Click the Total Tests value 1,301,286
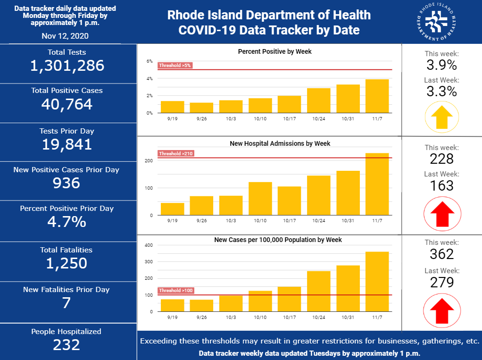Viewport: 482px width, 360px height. tap(67, 66)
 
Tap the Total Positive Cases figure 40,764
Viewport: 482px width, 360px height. tap(67, 104)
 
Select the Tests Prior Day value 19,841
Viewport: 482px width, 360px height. tap(67, 144)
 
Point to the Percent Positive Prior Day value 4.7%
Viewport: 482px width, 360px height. tap(67, 222)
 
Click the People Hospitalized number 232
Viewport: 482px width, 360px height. tap(67, 344)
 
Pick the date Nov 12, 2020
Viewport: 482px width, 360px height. tap(65, 36)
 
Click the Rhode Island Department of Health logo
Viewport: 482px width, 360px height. tap(437, 22)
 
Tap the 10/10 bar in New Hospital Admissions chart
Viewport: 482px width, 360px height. tap(260, 198)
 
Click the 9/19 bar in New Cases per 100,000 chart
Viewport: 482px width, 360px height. tap(173, 305)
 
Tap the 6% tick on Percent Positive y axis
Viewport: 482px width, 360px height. tap(150, 61)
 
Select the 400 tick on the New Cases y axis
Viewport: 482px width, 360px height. tap(149, 245)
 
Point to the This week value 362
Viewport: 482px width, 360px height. tap(441, 254)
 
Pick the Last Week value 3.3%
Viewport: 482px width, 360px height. tap(441, 91)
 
